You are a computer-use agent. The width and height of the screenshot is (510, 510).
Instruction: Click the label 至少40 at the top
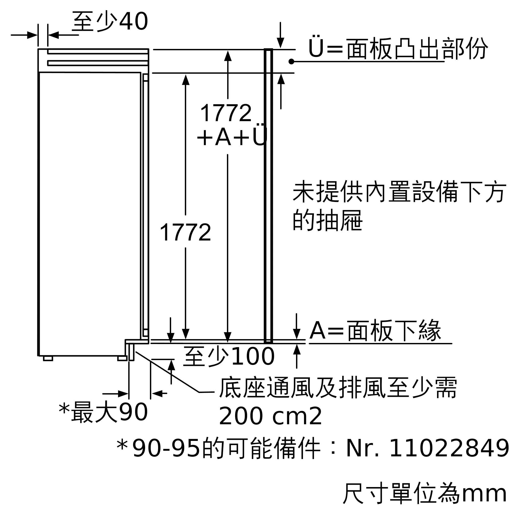pos(110,22)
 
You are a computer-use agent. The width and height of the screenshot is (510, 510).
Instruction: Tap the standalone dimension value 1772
pos(185,232)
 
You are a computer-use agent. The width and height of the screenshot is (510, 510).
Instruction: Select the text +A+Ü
pos(232,137)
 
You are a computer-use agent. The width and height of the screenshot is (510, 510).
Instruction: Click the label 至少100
pos(228,357)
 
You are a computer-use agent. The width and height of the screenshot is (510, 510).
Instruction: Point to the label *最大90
pos(103,413)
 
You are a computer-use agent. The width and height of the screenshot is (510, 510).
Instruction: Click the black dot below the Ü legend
pos(291,61)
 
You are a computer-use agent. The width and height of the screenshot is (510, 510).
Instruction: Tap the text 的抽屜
pos(327,221)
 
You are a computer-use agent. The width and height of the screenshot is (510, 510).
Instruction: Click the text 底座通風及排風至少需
pos(338,388)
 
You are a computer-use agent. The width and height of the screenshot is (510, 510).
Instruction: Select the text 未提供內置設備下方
pos(399,192)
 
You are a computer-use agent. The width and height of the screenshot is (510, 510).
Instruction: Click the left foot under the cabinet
pos(48,359)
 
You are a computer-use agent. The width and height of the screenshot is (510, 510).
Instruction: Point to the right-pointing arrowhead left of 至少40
pos(32,35)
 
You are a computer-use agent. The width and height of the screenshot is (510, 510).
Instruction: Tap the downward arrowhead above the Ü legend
pos(280,43)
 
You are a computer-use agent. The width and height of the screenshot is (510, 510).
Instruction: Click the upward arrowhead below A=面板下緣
pos(297,350)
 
